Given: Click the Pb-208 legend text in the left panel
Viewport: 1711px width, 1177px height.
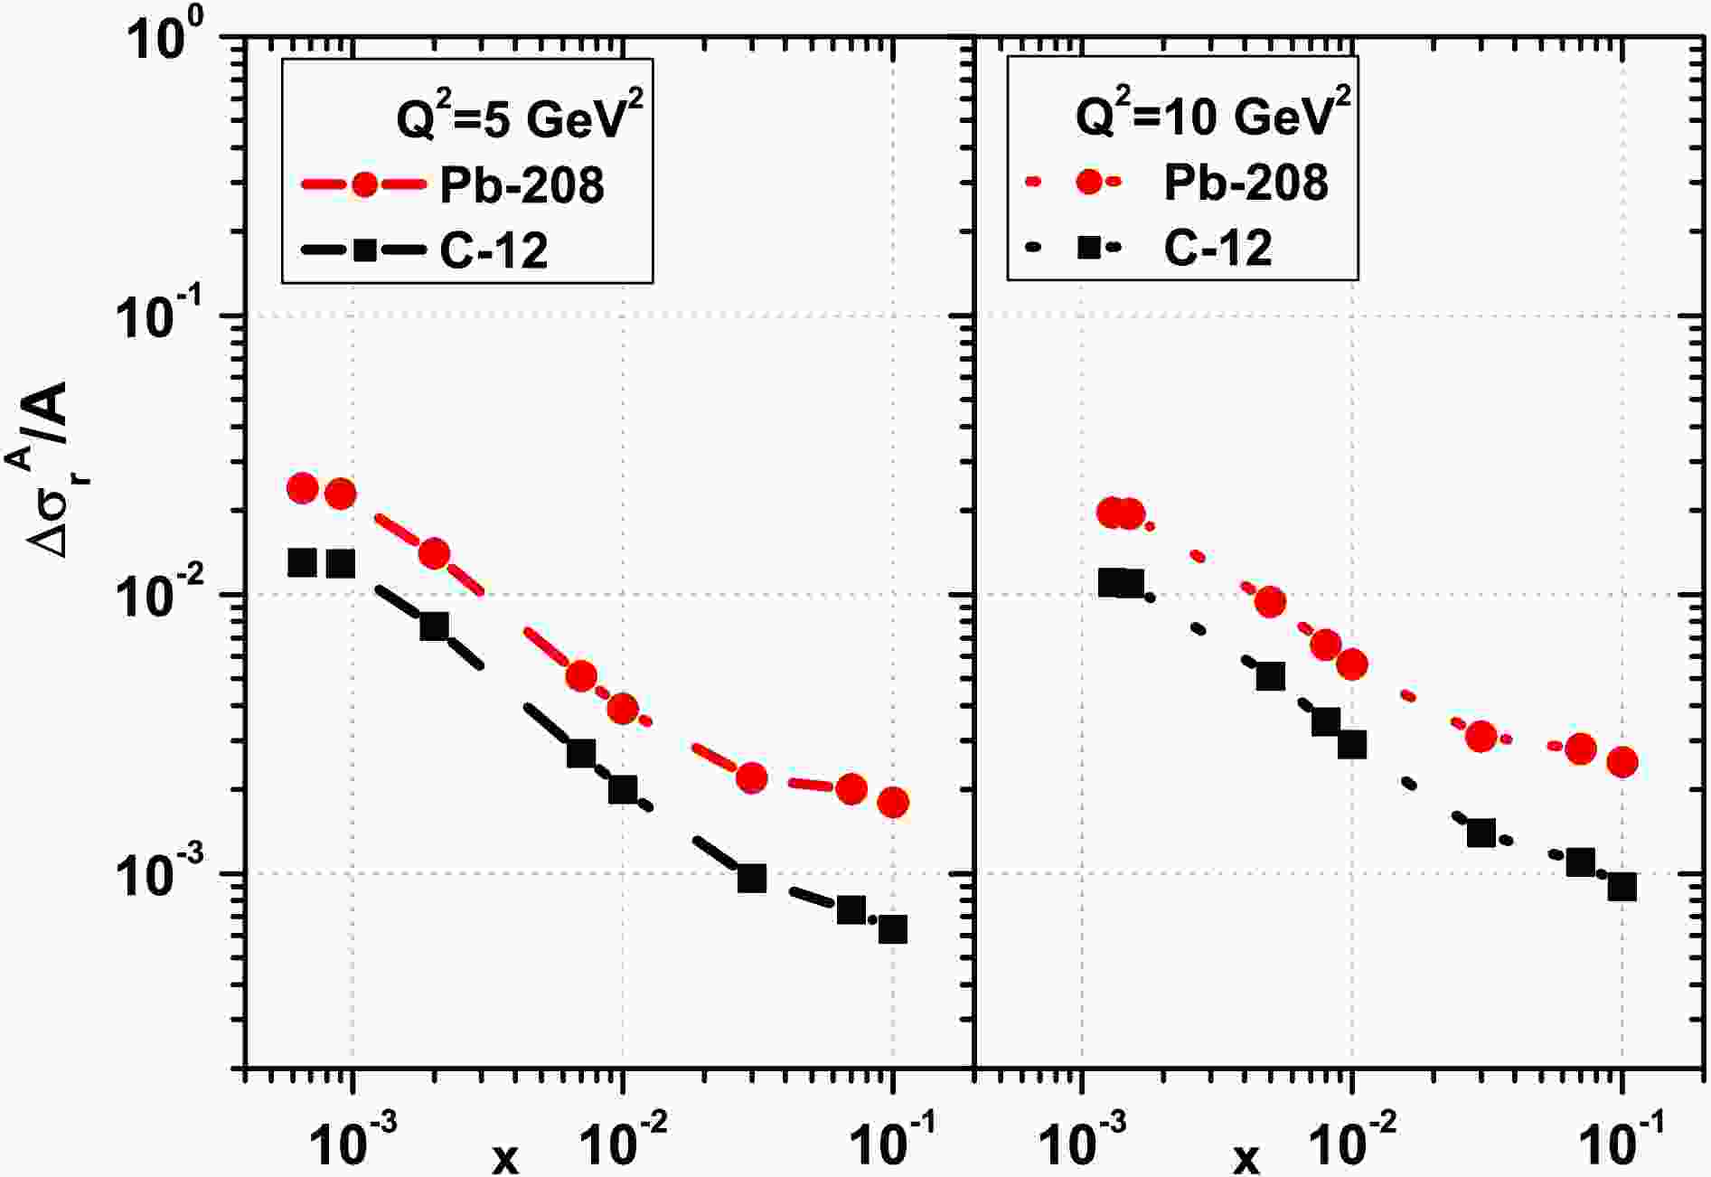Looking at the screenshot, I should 522,186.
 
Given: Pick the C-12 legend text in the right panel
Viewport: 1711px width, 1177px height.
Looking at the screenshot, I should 1217,247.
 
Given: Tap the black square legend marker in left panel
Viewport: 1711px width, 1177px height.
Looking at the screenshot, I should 364,249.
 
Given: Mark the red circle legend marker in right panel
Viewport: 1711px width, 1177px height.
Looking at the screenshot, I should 1091,182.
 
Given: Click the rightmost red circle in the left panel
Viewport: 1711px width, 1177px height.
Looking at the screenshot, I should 893,802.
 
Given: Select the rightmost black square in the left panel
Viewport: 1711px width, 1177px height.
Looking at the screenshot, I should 893,929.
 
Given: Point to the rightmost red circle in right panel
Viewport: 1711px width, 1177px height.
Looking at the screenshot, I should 1622,762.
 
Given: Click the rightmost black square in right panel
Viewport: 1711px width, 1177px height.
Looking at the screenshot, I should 1622,888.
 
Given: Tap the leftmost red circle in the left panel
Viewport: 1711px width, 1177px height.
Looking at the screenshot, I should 303,488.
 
